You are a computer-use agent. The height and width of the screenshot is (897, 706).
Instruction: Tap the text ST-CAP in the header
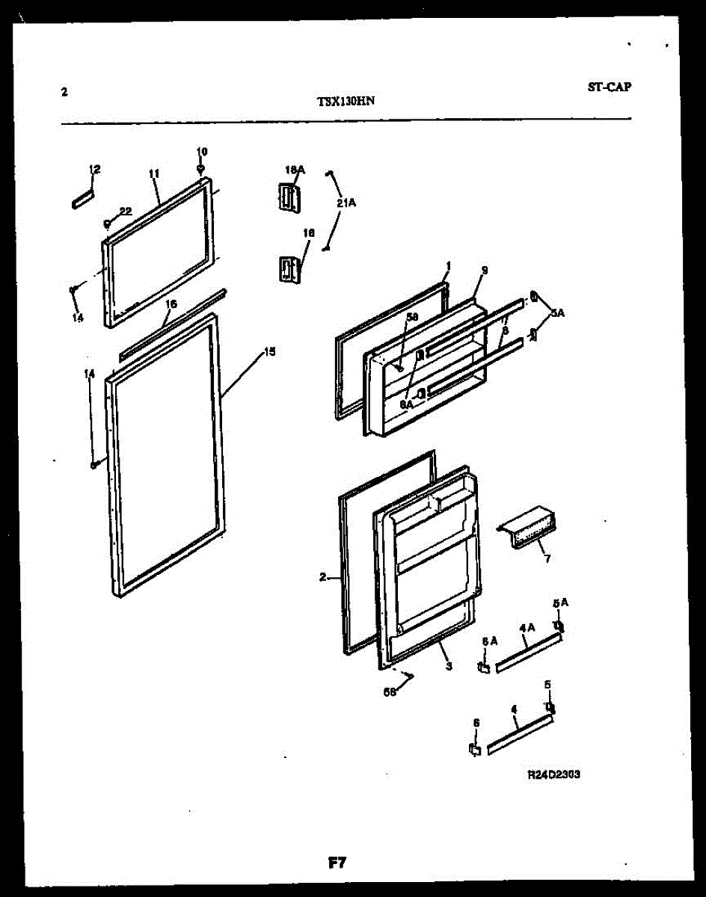tap(609, 87)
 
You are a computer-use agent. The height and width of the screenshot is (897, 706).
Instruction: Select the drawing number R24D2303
tap(553, 775)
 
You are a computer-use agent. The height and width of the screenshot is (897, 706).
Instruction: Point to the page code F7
tap(337, 863)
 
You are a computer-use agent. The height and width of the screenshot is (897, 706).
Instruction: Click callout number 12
tap(94, 170)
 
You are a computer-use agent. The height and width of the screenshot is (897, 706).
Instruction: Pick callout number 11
tap(153, 173)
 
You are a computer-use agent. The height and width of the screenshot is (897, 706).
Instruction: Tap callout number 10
tap(201, 152)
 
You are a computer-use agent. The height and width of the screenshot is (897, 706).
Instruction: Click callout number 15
tap(269, 351)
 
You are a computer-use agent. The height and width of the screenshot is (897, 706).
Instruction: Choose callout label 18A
tap(295, 170)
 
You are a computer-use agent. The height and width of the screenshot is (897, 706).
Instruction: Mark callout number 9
tap(485, 270)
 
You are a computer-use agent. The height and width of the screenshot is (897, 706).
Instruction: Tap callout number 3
tap(449, 665)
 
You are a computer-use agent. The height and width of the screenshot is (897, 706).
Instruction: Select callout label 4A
tap(525, 629)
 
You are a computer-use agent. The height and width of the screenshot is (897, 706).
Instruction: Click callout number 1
tap(448, 265)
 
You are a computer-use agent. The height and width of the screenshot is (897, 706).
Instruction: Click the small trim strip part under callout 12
tap(83, 198)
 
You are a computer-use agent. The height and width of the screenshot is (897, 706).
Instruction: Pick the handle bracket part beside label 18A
tap(288, 198)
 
